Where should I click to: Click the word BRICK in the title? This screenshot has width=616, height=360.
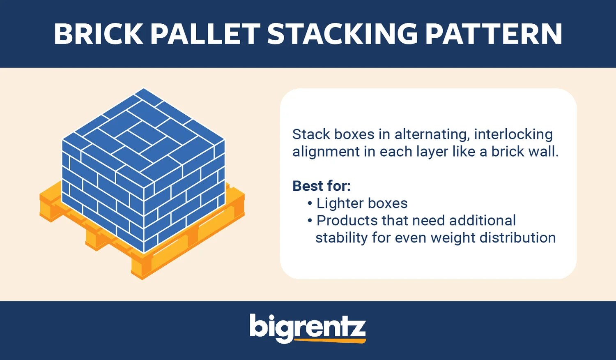coord(98,34)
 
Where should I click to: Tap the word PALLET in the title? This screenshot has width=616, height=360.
coord(205,34)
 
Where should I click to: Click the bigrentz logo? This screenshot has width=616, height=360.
coord(307,328)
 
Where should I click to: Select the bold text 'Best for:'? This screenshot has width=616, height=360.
coord(322,186)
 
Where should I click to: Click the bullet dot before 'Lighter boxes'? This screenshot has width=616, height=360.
coord(310,203)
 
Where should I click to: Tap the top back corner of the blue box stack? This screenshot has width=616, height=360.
coord(143,89)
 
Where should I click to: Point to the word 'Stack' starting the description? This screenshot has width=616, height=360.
coord(311,134)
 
